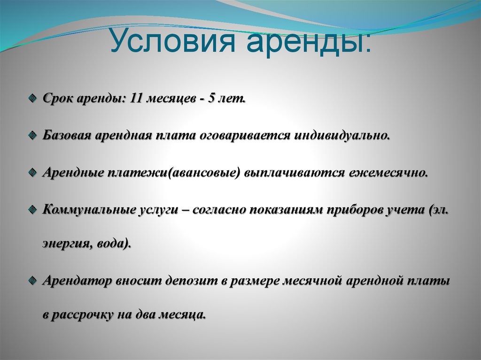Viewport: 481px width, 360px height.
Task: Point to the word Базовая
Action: coord(67,136)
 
